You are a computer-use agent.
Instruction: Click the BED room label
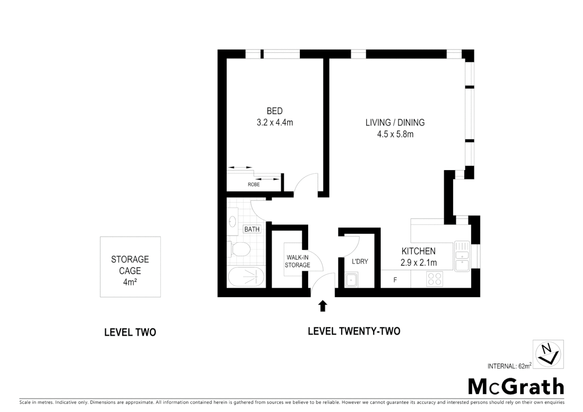(274, 111)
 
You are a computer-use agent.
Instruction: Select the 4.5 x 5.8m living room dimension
(395, 134)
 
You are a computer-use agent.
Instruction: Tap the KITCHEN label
(418, 251)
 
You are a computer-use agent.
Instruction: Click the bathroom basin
(232, 221)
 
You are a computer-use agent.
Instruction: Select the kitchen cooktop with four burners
(435, 279)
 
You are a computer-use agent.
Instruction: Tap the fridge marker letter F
(395, 280)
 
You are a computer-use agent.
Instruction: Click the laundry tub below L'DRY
(351, 280)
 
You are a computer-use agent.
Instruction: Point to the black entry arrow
(323, 306)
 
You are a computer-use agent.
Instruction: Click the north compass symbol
(548, 354)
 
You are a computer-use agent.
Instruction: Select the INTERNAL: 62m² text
(509, 366)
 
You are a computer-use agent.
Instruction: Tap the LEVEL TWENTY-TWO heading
(354, 331)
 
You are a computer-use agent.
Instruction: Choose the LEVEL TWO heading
(130, 333)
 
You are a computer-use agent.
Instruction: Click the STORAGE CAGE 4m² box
(130, 267)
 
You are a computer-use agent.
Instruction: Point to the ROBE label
(254, 185)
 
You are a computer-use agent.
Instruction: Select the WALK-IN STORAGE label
(297, 261)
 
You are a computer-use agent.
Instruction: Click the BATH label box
(252, 229)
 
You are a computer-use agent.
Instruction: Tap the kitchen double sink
(462, 256)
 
